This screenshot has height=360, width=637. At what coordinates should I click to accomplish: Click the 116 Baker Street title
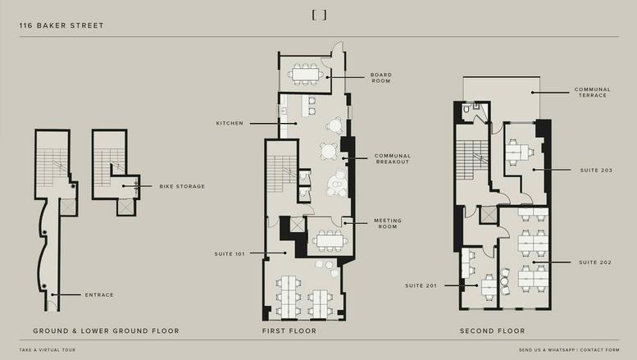click(61, 25)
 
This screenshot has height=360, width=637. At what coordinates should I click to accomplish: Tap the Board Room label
click(380, 78)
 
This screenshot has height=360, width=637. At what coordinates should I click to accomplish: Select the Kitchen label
click(230, 123)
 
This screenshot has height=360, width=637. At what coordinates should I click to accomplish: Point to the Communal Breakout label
click(392, 158)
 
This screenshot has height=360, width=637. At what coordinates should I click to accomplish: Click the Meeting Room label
click(387, 222)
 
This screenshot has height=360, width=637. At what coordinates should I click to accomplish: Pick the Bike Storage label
click(182, 186)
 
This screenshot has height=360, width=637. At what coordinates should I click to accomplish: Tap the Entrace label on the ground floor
click(99, 294)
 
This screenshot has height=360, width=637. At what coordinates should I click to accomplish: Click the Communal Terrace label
click(590, 92)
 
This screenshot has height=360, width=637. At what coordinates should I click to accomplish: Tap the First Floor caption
click(289, 331)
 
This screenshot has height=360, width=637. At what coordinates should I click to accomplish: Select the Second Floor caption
click(492, 331)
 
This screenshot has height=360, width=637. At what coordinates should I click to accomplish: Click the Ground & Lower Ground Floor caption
click(106, 331)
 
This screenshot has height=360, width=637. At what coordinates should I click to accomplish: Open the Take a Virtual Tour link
click(51, 350)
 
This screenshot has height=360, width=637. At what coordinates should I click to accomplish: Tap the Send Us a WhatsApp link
click(547, 350)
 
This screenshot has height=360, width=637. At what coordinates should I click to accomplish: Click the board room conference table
click(306, 74)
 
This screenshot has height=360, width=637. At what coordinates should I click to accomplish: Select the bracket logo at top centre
click(319, 15)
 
